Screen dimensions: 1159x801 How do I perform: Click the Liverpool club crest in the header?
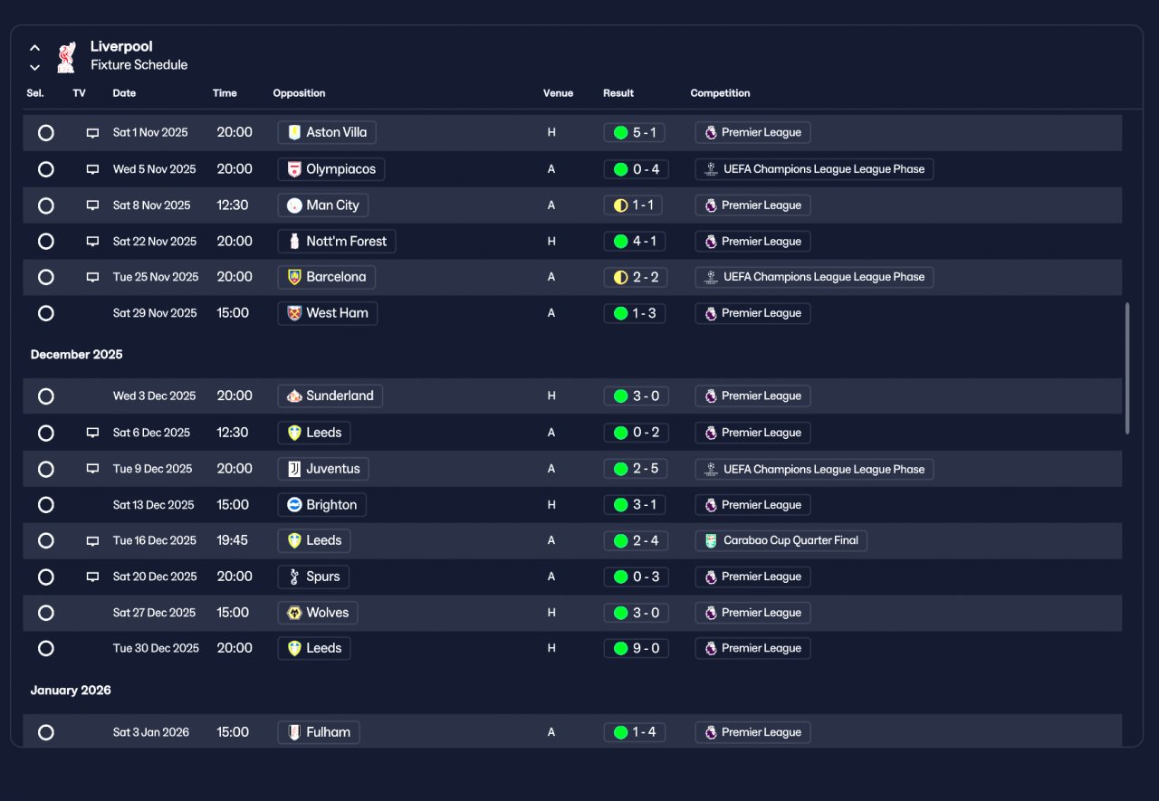pos(66,57)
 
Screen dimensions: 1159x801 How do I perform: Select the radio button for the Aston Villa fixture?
pos(46,133)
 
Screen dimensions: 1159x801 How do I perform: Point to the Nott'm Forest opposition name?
pos(346,242)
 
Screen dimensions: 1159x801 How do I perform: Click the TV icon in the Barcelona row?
pos(92,277)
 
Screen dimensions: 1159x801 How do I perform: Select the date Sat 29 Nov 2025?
pos(155,313)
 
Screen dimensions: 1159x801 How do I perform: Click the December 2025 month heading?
pos(77,355)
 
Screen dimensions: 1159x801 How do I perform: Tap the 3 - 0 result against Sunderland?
pos(636,396)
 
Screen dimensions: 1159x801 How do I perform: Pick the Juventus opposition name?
pos(332,469)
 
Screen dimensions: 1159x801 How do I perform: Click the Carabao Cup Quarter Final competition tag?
pos(781,541)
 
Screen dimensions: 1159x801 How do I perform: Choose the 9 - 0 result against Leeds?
pos(636,648)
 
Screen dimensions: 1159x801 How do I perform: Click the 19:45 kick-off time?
pos(233,540)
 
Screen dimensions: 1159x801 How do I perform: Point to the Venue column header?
pos(558,93)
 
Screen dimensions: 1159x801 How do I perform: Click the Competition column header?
pos(720,93)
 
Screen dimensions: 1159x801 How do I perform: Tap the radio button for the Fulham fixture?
pos(46,732)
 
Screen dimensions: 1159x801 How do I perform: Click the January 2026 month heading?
pos(71,691)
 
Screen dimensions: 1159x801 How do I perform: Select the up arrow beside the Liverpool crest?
pos(34,48)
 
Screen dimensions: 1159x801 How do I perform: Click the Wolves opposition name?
pos(328,613)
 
